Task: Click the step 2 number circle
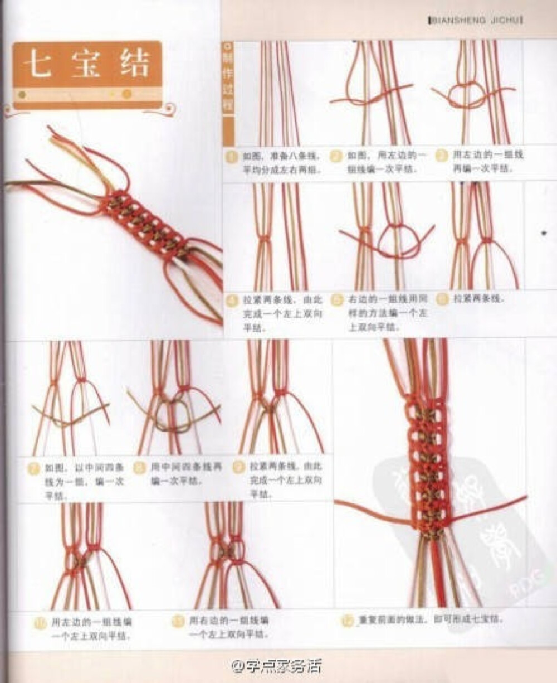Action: (x=336, y=156)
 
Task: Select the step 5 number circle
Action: (x=336, y=300)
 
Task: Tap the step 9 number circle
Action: (x=238, y=466)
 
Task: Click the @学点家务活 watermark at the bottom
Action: (x=277, y=665)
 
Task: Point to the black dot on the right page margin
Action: (x=543, y=229)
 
